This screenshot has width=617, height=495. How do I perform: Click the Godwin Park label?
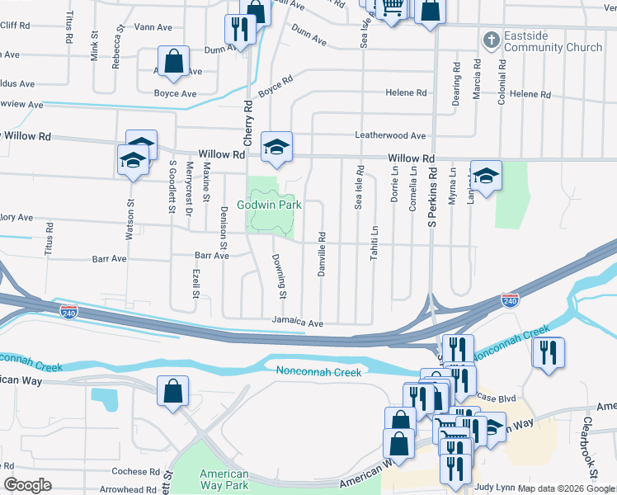tap(269, 205)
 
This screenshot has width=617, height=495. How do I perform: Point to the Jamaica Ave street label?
tap(299, 323)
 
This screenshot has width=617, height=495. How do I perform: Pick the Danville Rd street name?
tap(321, 252)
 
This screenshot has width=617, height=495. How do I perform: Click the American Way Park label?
tap(224, 480)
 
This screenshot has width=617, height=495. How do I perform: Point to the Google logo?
tap(27, 485)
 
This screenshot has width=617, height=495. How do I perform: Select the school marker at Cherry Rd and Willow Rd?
tap(277, 148)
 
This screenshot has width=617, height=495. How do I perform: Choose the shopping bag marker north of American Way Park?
tap(173, 393)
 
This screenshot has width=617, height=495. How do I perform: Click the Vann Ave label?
tap(153, 27)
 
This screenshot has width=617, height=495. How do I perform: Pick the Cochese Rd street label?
tap(136, 472)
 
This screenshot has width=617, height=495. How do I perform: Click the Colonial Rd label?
tap(501, 81)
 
